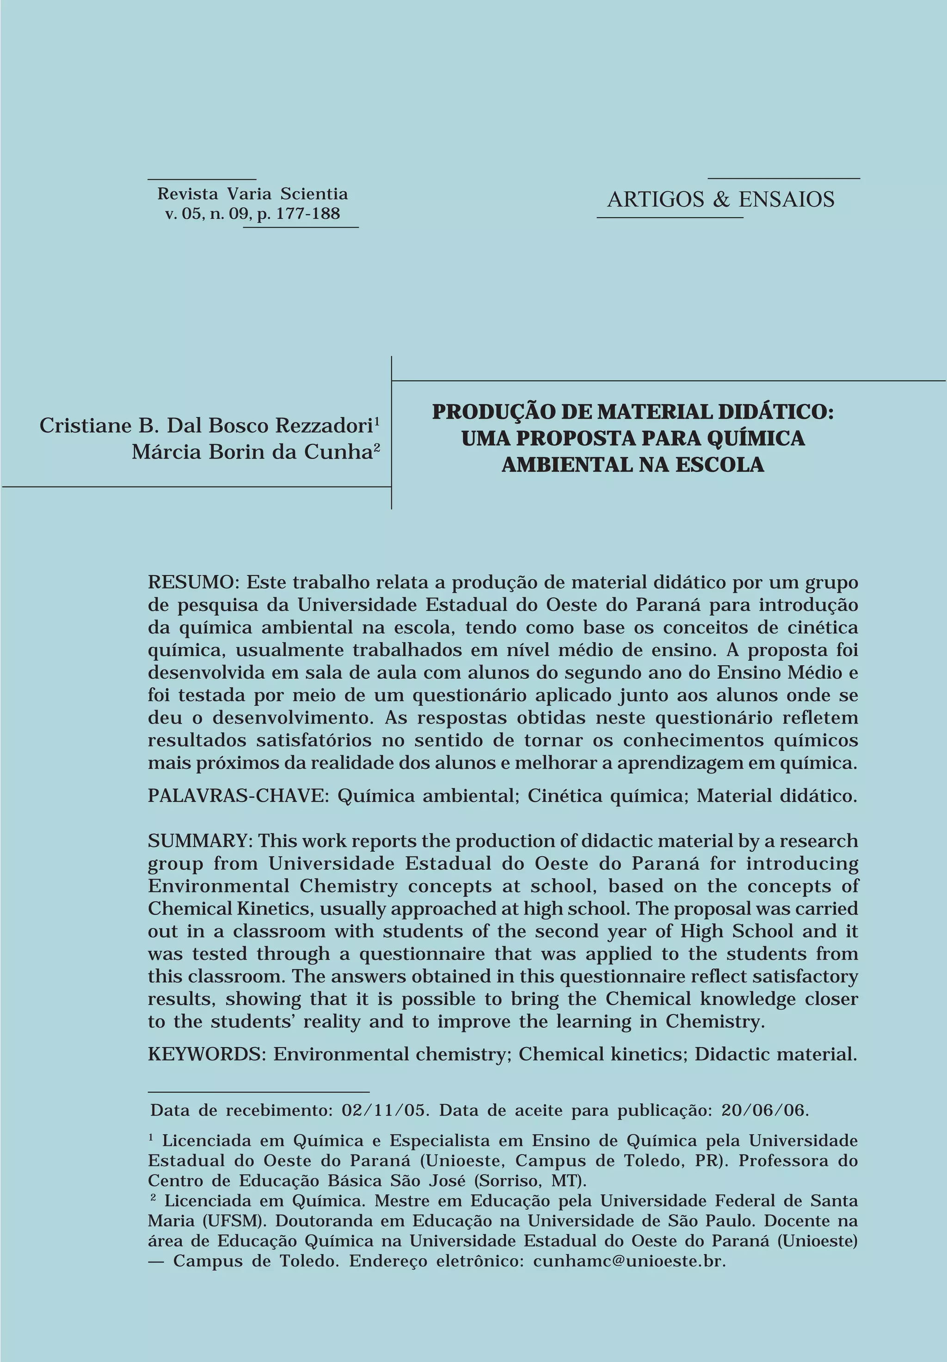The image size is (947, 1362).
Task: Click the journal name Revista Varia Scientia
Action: pyautogui.click(x=252, y=194)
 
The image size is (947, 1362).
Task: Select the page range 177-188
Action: pyautogui.click(x=308, y=214)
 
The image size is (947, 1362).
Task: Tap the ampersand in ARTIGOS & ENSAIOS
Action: pyautogui.click(x=721, y=199)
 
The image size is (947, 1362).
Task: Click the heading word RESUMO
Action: pyautogui.click(x=191, y=582)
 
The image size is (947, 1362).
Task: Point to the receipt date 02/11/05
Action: pyautogui.click(x=384, y=1110)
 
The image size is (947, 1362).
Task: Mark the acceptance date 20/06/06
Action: pyautogui.click(x=764, y=1110)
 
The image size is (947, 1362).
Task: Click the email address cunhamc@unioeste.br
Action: pyautogui.click(x=629, y=1261)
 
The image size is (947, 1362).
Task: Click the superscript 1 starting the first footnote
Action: pyautogui.click(x=151, y=1138)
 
